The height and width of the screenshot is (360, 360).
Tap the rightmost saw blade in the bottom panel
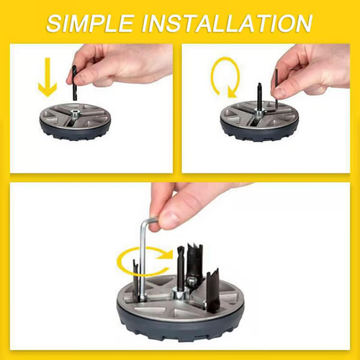click(x=213, y=284)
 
